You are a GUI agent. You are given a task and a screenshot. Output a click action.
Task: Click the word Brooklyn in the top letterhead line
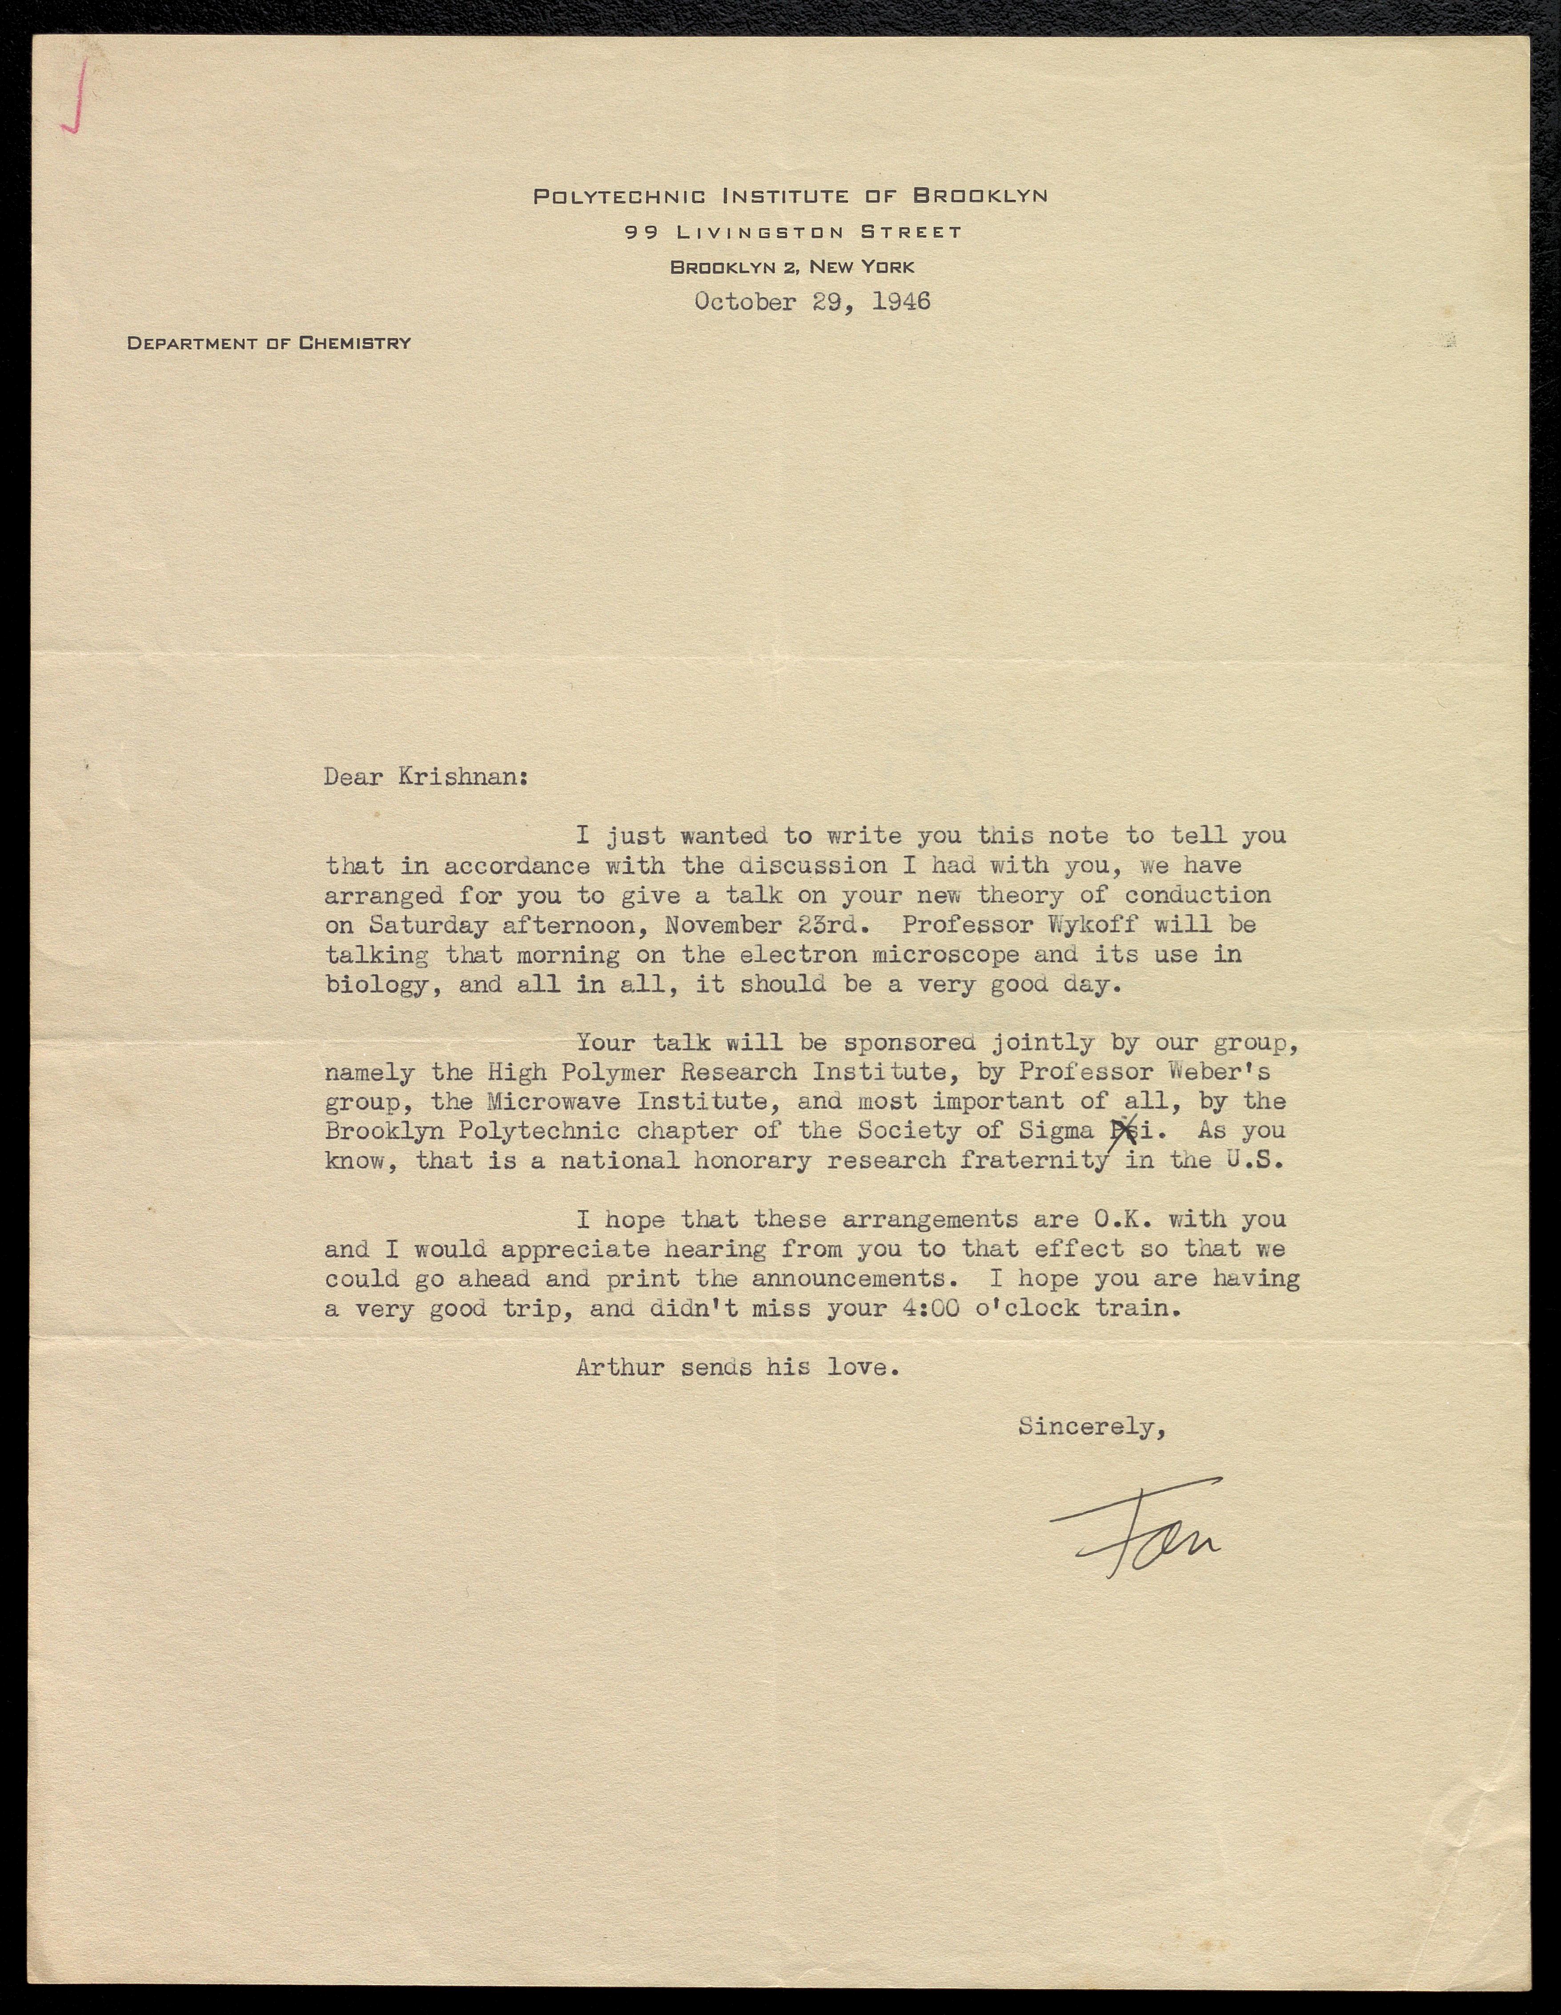pyautogui.click(x=980, y=196)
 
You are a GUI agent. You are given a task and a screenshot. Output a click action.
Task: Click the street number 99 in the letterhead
pyautogui.click(x=641, y=233)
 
